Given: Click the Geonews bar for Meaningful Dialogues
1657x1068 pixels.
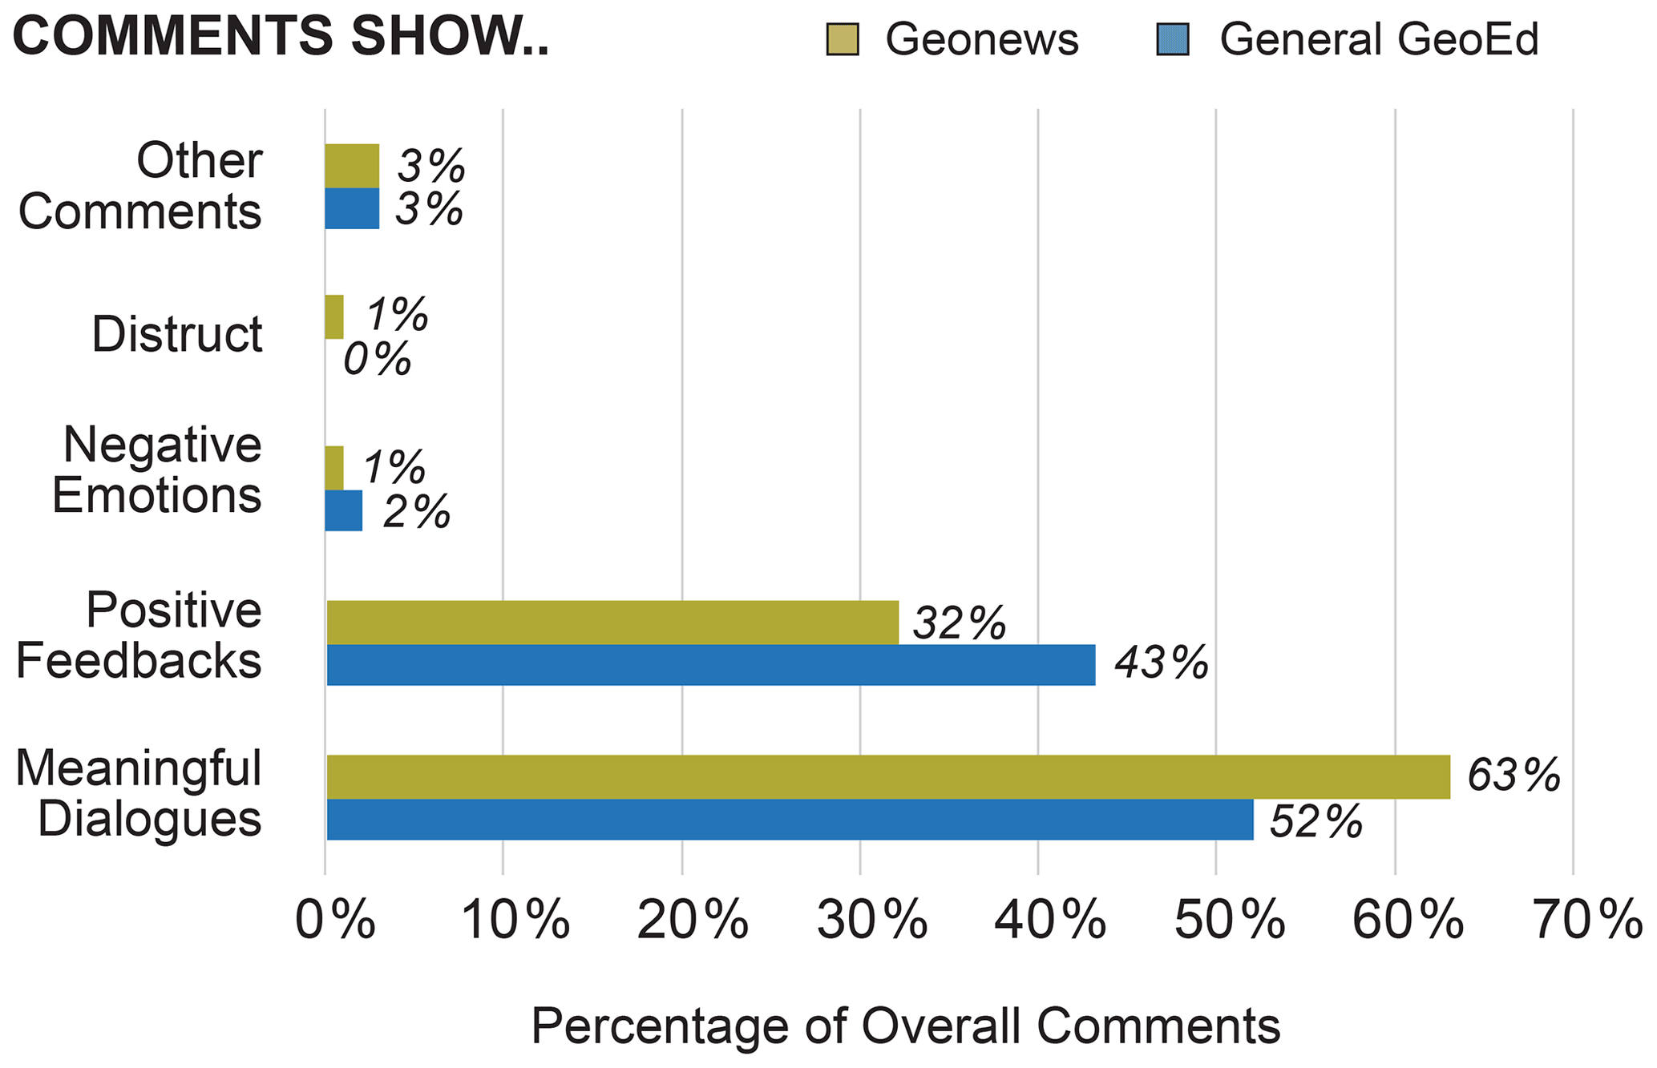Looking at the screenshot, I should tap(888, 776).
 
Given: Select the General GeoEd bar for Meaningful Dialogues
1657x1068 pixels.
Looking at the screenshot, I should tap(790, 820).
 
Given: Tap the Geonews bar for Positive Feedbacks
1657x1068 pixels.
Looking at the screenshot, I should tap(612, 622).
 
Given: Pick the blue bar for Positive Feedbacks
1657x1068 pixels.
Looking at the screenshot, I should tap(711, 665).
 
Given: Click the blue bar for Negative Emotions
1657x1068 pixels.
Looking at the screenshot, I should tap(344, 510).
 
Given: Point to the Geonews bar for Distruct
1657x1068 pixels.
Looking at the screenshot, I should tap(334, 316).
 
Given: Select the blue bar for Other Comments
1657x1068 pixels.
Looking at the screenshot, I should tap(352, 208).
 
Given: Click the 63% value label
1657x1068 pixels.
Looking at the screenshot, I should tap(1514, 776).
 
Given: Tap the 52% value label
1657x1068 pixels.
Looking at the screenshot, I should tap(1315, 821).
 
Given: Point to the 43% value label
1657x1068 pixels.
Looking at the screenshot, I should tap(1161, 663).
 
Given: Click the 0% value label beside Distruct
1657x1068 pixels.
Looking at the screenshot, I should tap(377, 359).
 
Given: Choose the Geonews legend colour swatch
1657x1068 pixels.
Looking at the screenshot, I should tap(843, 39).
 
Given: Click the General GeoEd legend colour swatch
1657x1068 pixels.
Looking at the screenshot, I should tap(1173, 39).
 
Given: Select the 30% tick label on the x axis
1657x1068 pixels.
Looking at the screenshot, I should tap(872, 920).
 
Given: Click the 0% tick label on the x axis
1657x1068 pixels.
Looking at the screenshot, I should tap(335, 920).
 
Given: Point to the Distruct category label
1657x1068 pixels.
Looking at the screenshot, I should tap(177, 334).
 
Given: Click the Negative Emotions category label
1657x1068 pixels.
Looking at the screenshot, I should tap(157, 470).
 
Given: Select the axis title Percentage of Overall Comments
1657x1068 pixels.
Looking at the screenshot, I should tap(905, 1026).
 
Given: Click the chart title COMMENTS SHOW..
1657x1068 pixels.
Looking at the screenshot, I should tap(281, 37).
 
